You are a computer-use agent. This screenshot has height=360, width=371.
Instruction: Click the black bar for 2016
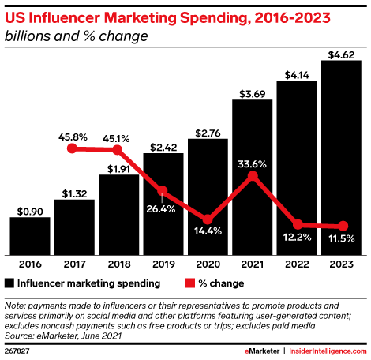pyautogui.click(x=30, y=235)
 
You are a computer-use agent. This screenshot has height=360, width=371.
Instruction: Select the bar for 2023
pyautogui.click(x=342, y=157)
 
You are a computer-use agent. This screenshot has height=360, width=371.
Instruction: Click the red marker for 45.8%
pyautogui.click(x=73, y=148)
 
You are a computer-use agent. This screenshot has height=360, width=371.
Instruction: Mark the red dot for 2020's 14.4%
pyautogui.click(x=208, y=219)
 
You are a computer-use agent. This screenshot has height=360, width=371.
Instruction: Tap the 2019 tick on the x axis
pyautogui.click(x=163, y=264)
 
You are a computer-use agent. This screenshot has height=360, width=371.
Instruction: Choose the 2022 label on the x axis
pyautogui.click(x=297, y=264)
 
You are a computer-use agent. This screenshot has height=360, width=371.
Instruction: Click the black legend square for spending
pyautogui.click(x=9, y=283)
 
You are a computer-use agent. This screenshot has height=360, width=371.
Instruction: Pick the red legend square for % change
pyautogui.click(x=191, y=283)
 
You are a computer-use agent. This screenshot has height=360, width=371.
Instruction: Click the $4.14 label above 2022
pyautogui.click(x=297, y=73)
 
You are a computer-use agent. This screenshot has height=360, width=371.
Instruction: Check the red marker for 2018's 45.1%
pyautogui.click(x=118, y=149)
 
